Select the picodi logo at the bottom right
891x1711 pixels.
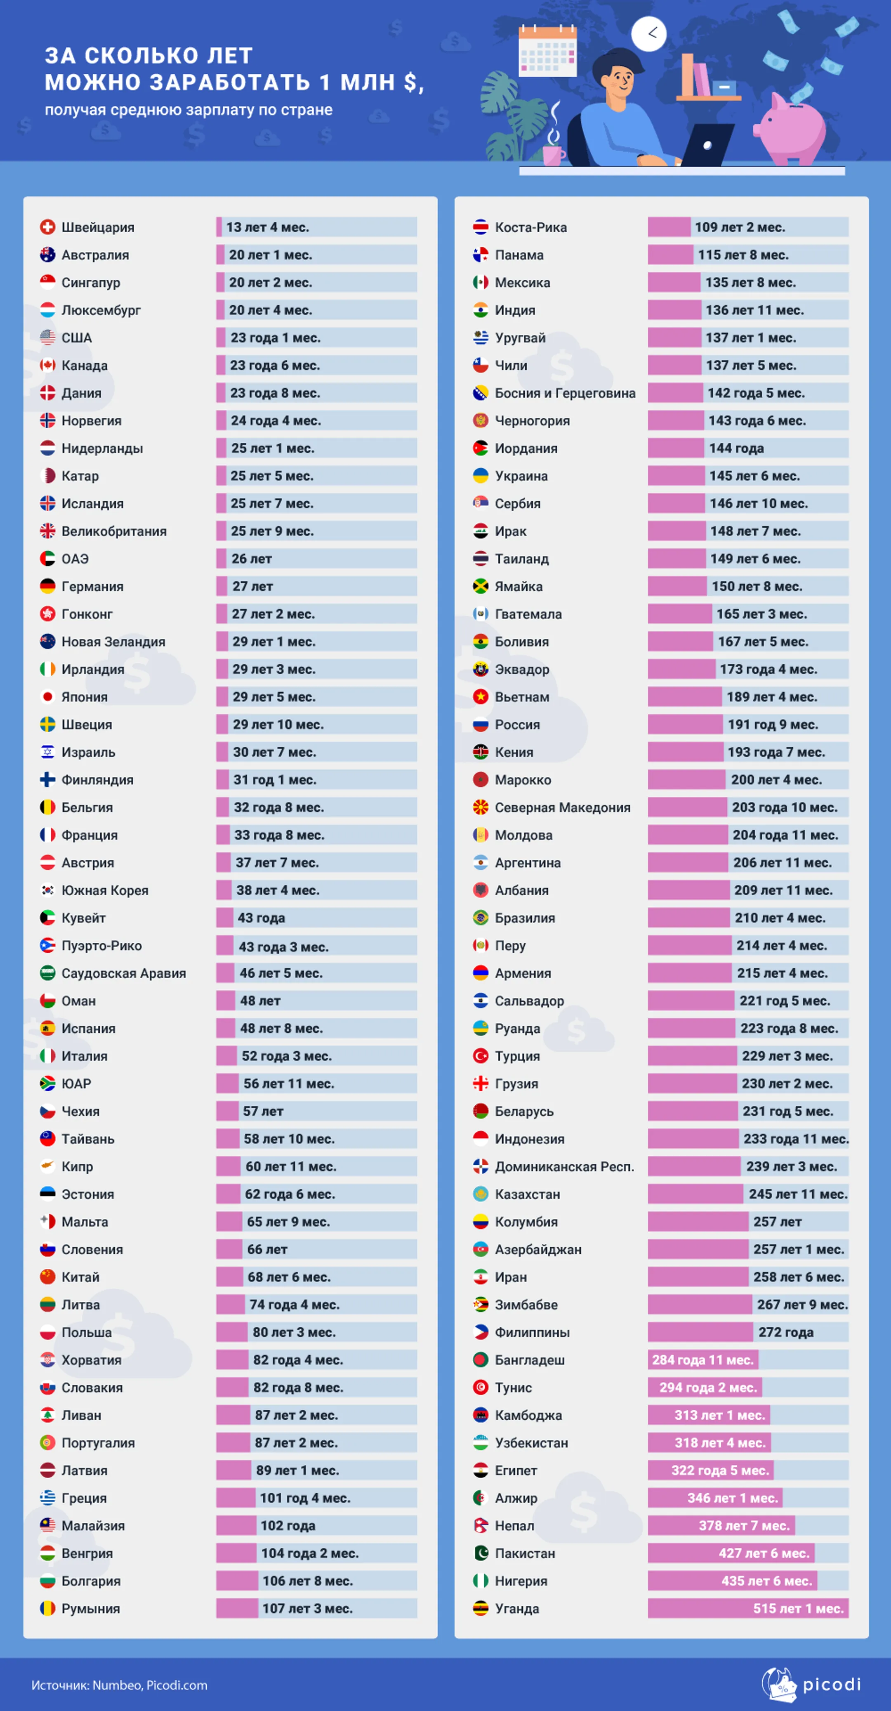(811, 1685)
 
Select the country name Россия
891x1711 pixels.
(517, 725)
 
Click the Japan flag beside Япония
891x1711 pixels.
(47, 697)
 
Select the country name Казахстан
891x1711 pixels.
(527, 1194)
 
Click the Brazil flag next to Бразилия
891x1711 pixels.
(480, 918)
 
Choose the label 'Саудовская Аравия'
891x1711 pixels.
(123, 973)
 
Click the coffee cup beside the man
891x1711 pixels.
(553, 153)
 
